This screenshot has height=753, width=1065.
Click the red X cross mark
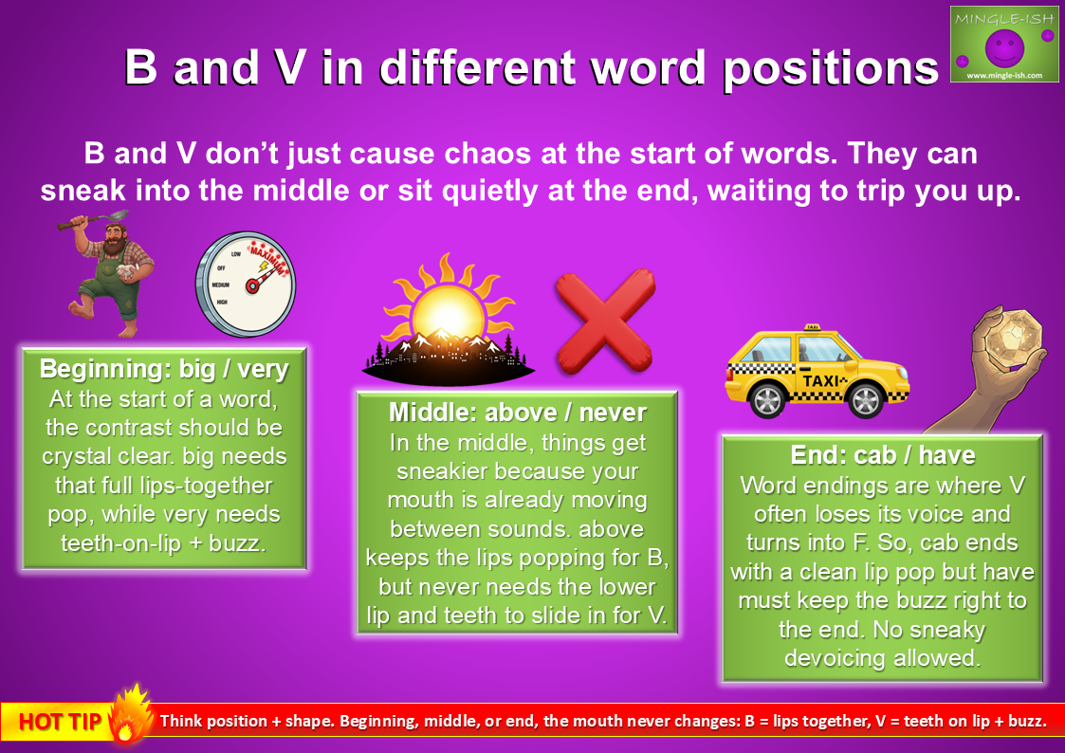point(605,320)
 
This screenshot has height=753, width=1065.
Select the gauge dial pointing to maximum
point(246,284)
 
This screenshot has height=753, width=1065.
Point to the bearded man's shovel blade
point(117,216)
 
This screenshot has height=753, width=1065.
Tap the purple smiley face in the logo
point(1004,46)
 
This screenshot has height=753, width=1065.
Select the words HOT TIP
point(61,722)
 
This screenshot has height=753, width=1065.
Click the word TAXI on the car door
point(821,381)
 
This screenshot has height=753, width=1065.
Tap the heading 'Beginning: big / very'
point(164,369)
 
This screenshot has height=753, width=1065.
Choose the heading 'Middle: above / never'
point(518,413)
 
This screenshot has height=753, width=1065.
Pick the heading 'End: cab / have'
point(882,455)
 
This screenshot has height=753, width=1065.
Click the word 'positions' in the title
point(830,68)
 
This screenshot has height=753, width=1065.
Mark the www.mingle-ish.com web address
point(1004,75)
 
